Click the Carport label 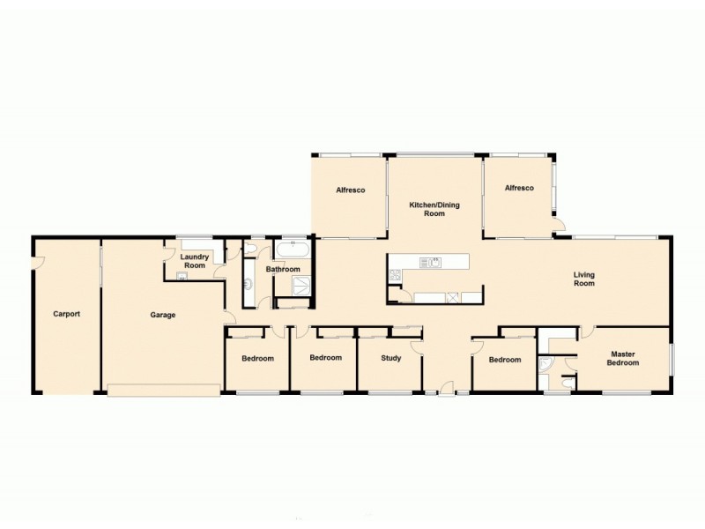[x=66, y=314]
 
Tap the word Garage [x=162, y=315]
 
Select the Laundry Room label [x=194, y=261]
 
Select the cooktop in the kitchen [x=393, y=277]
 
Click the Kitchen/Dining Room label [x=434, y=209]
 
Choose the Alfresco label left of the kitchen [x=350, y=190]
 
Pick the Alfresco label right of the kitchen [x=519, y=188]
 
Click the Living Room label [x=585, y=279]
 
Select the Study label [x=390, y=358]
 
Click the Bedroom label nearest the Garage [x=257, y=359]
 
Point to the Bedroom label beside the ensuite [x=505, y=360]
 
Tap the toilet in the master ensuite [x=567, y=382]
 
